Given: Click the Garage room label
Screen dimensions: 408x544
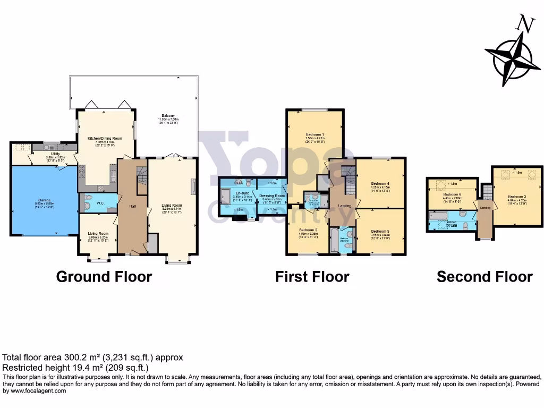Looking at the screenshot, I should pos(44,200).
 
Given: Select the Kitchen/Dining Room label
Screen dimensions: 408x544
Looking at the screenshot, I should pos(105,139).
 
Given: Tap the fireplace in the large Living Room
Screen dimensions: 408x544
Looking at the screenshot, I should pos(193,186).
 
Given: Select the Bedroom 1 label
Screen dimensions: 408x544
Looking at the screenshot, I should pos(315,134).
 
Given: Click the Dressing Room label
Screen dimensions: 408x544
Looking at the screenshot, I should pos(272,195).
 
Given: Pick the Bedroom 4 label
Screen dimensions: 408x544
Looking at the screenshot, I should pos(380,184).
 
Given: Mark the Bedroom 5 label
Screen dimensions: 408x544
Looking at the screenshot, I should pos(380,232).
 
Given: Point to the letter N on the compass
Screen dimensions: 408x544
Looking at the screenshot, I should pos(526,24).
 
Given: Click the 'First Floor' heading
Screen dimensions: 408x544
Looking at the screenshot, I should pos(312,277).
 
